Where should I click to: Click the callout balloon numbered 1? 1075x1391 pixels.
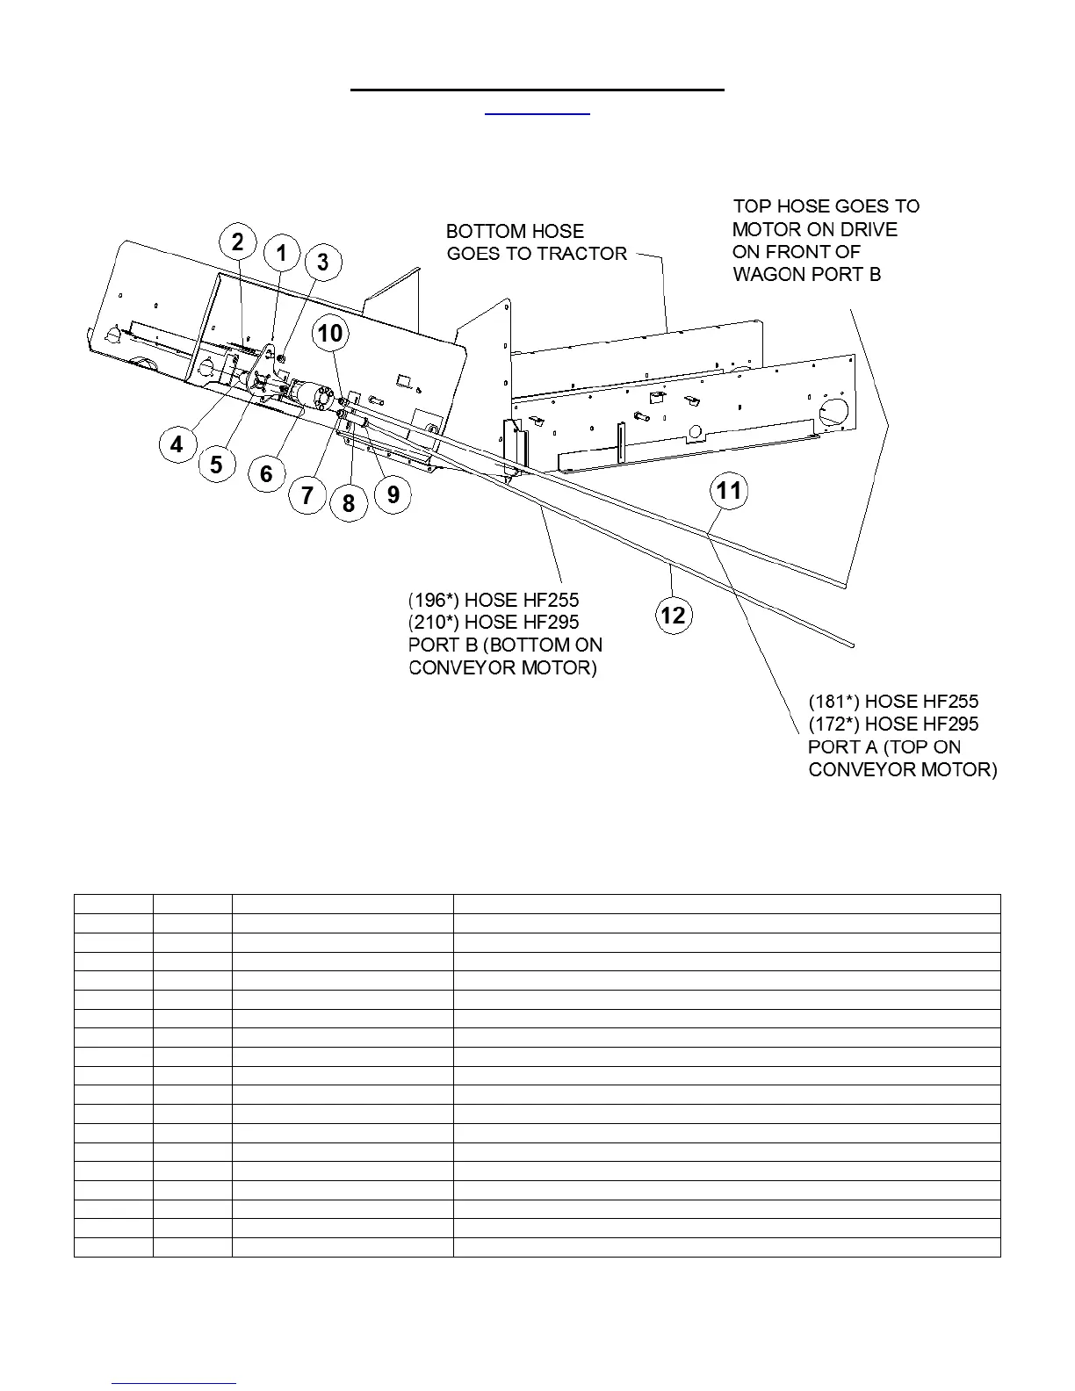tap(282, 255)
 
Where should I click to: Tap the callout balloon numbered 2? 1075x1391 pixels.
tap(237, 242)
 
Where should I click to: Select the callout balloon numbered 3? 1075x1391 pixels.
tap(323, 262)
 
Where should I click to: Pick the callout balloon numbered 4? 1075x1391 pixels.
tap(177, 445)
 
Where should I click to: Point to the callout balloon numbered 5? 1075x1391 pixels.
tap(217, 464)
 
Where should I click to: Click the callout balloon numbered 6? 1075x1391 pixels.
tap(266, 475)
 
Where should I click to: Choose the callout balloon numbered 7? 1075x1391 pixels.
tap(307, 496)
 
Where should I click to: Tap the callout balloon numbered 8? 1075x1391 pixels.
tap(349, 503)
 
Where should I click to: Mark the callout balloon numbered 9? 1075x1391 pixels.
tap(393, 495)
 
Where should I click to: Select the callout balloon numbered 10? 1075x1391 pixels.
tap(330, 334)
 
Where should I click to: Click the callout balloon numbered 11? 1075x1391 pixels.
tap(729, 490)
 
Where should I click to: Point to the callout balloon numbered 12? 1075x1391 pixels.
tap(673, 615)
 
